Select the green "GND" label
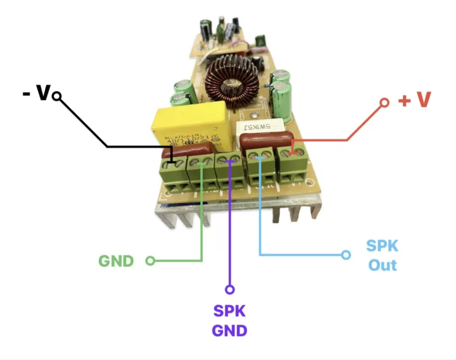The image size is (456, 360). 117,260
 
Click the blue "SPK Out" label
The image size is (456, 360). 383,255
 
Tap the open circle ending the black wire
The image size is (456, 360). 56,96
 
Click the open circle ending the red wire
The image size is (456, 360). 384,101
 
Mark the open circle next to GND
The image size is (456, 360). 150,260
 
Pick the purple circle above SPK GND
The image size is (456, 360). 230,290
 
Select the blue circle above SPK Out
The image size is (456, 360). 346,255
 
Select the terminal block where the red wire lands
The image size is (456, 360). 293,166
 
